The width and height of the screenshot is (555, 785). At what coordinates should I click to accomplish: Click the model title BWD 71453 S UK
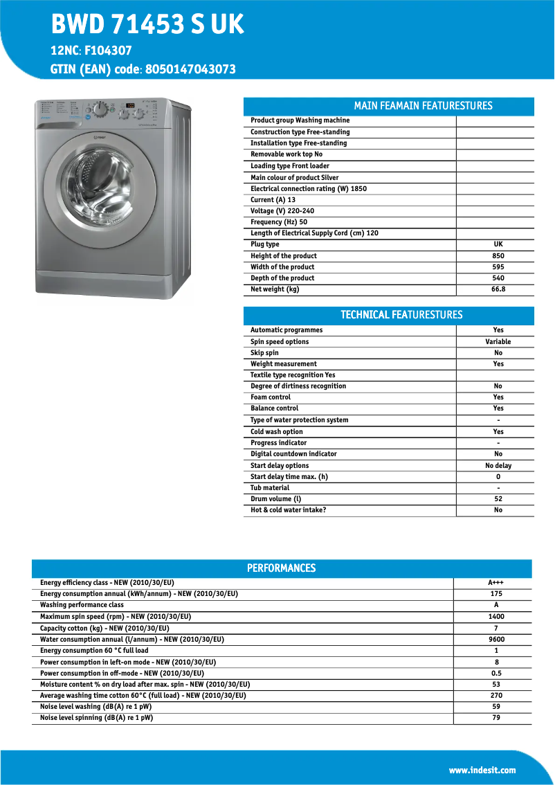pos(147,25)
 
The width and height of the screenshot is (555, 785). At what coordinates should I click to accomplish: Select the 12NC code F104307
pos(108,51)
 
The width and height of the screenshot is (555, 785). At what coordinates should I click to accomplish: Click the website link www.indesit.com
pos(482,770)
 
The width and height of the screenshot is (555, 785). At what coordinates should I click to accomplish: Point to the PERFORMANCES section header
pos(281,568)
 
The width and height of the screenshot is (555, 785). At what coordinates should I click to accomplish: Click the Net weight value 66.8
pos(498,289)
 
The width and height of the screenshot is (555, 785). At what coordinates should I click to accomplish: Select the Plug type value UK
pos(498,244)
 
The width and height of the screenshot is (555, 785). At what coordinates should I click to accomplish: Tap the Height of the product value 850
pos(498,255)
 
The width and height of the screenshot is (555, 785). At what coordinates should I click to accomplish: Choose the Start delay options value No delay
pos(498,466)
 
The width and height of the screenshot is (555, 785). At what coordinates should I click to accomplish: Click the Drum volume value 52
pos(498,499)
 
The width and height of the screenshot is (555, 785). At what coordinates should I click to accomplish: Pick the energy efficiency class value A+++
pos(495,583)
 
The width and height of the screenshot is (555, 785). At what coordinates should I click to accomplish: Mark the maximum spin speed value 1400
pos(495,617)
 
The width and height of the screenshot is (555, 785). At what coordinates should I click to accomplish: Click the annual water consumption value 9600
pos(495,640)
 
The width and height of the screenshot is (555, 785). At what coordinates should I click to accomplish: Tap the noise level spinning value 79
pos(495,718)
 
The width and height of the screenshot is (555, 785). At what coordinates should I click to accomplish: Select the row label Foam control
pos(271,397)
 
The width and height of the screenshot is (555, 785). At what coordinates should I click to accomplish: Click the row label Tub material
pos(270,488)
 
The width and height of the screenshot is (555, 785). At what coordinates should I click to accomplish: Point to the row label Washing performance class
pos(82,605)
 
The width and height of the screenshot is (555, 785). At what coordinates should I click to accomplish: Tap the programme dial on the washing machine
pos(101,109)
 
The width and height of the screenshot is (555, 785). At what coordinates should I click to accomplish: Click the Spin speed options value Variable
pos(498,342)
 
